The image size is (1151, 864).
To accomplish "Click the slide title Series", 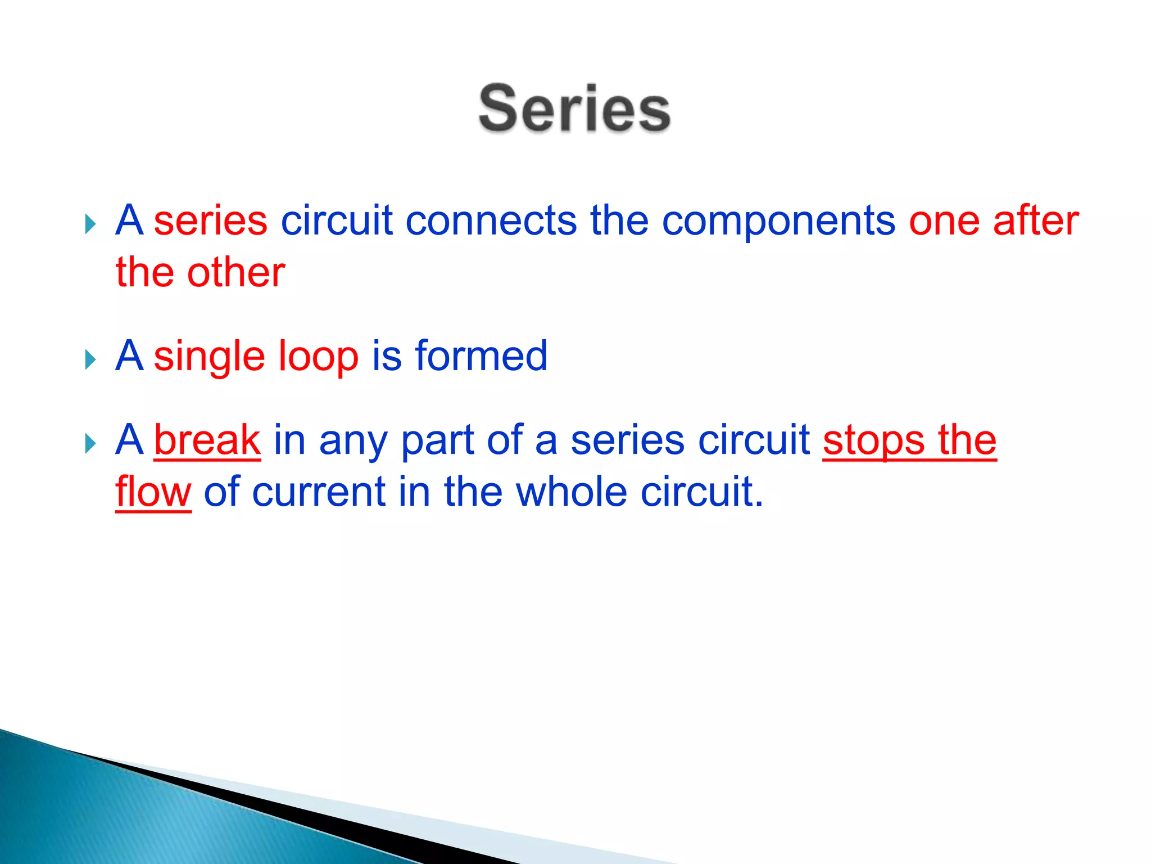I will pos(574,108).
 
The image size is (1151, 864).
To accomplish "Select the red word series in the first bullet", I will pos(211,220).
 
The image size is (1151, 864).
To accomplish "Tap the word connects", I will pos(491,220).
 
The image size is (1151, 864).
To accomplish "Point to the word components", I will pos(778,222).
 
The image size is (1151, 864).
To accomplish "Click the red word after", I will pos(1036,220).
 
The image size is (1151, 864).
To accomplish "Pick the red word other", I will pos(236,273).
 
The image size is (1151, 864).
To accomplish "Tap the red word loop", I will pos(319,357).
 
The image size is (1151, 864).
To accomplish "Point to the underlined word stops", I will pos(873,441).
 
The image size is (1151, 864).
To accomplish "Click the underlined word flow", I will pos(153,492).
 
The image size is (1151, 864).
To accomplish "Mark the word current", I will pos(319,492).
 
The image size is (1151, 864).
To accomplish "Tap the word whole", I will pos(571,492).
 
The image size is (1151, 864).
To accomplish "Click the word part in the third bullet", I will pos(437,441).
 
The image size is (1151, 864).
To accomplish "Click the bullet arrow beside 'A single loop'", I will pos(90,359).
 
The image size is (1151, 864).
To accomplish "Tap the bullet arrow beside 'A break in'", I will pos(90,443).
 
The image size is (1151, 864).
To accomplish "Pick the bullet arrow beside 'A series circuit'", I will pos(90,224).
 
